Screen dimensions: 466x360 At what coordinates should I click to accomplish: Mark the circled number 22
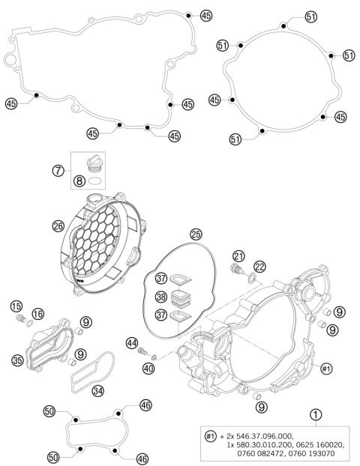point(259,267)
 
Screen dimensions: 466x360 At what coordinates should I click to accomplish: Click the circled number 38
point(161,297)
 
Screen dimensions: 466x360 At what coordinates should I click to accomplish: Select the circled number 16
point(37,313)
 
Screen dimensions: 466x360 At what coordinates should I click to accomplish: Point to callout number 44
point(132,343)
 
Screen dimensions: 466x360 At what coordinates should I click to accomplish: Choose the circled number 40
point(149,368)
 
